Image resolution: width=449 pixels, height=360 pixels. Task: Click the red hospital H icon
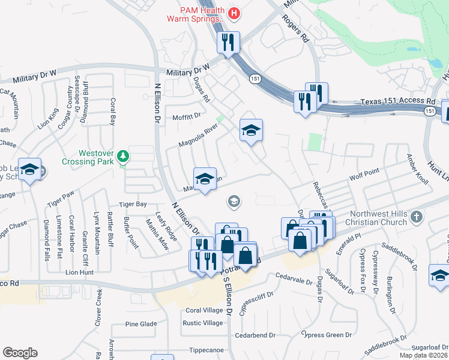coord(235,12)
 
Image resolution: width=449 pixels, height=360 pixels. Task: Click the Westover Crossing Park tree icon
coord(123,156)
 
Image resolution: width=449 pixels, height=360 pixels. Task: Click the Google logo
coord(20,353)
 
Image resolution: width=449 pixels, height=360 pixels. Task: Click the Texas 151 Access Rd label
coord(399,103)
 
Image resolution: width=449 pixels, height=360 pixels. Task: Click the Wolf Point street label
coord(364,175)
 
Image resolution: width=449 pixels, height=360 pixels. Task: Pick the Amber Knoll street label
coord(417,172)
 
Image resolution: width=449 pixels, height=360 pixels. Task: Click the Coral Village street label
coord(204,310)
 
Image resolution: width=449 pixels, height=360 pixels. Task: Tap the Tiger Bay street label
coord(132,205)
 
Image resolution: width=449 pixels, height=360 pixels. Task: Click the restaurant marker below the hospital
coord(228,43)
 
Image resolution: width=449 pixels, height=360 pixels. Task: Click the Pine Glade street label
coord(141,324)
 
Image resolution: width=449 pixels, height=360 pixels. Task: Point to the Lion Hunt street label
coord(80,272)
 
